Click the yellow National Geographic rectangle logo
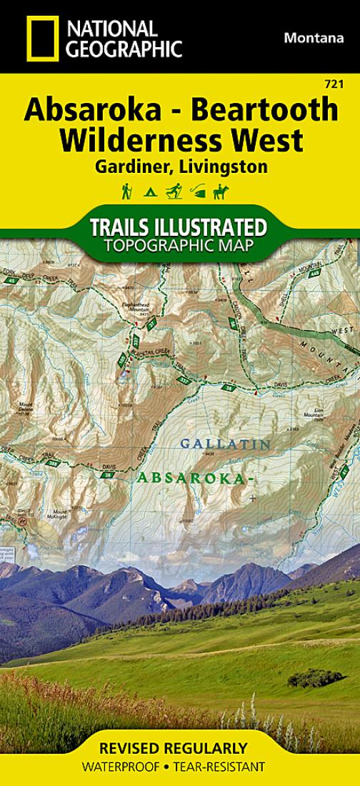pyautogui.click(x=42, y=38)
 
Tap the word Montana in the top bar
pyautogui.click(x=314, y=38)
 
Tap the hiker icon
pyautogui.click(x=126, y=191)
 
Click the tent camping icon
pyautogui.click(x=150, y=191)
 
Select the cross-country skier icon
pyautogui.click(x=174, y=191)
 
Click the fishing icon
pyautogui.click(x=198, y=191)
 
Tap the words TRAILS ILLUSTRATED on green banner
pyautogui.click(x=178, y=228)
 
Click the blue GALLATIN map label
pyautogui.click(x=225, y=444)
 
